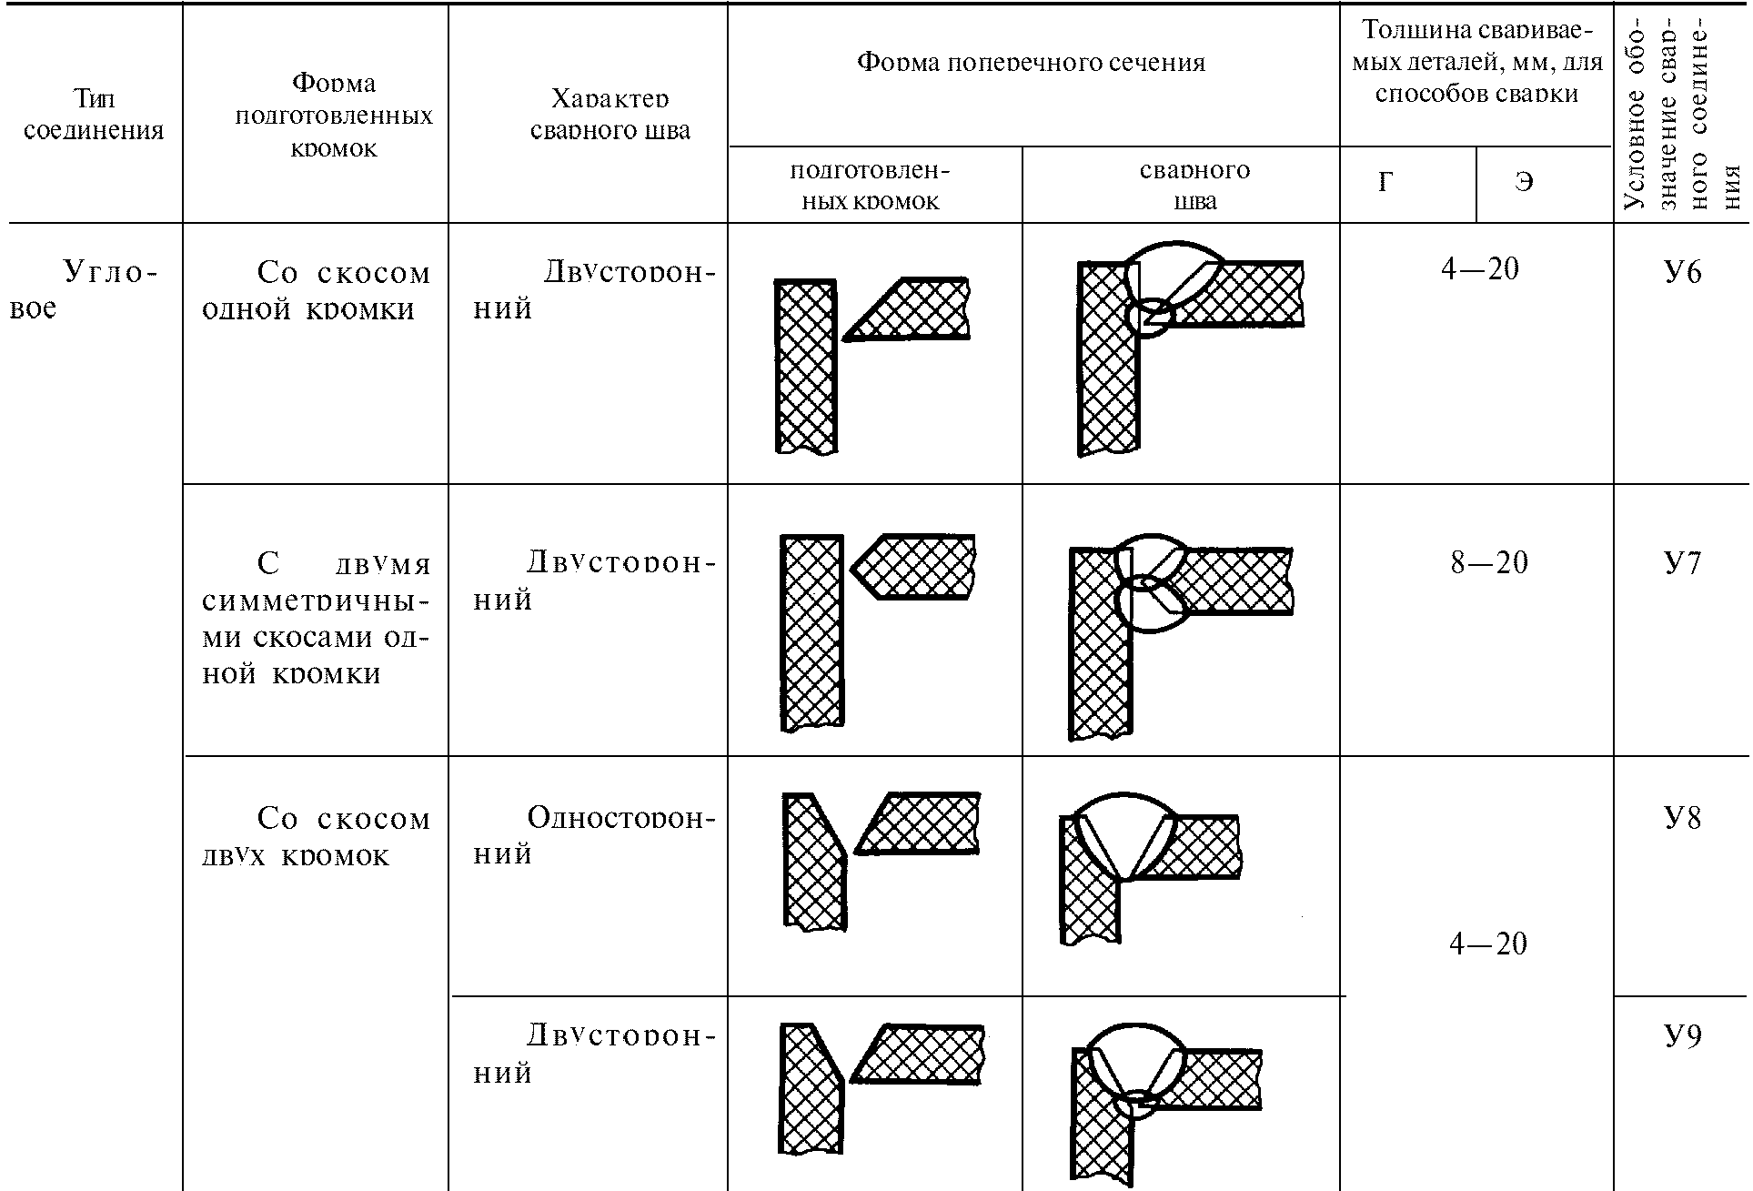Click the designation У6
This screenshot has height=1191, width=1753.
[x=1682, y=272]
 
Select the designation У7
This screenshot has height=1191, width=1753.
[x=1682, y=563]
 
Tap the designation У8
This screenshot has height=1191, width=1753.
[x=1682, y=818]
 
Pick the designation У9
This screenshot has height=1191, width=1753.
[x=1682, y=1036]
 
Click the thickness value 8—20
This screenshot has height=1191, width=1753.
[x=1489, y=563]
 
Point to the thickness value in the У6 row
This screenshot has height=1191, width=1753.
[x=1480, y=269]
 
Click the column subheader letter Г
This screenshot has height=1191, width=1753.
[x=1385, y=183]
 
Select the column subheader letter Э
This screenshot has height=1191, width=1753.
[x=1524, y=183]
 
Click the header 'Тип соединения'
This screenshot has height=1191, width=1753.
[x=94, y=115]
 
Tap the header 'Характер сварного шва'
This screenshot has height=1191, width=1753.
[x=610, y=115]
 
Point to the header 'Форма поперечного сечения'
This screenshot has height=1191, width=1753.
[x=1032, y=62]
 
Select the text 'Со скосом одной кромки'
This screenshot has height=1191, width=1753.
[x=315, y=290]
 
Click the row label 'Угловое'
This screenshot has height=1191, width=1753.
[x=82, y=289]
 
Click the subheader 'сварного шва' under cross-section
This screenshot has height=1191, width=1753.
[x=1194, y=185]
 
